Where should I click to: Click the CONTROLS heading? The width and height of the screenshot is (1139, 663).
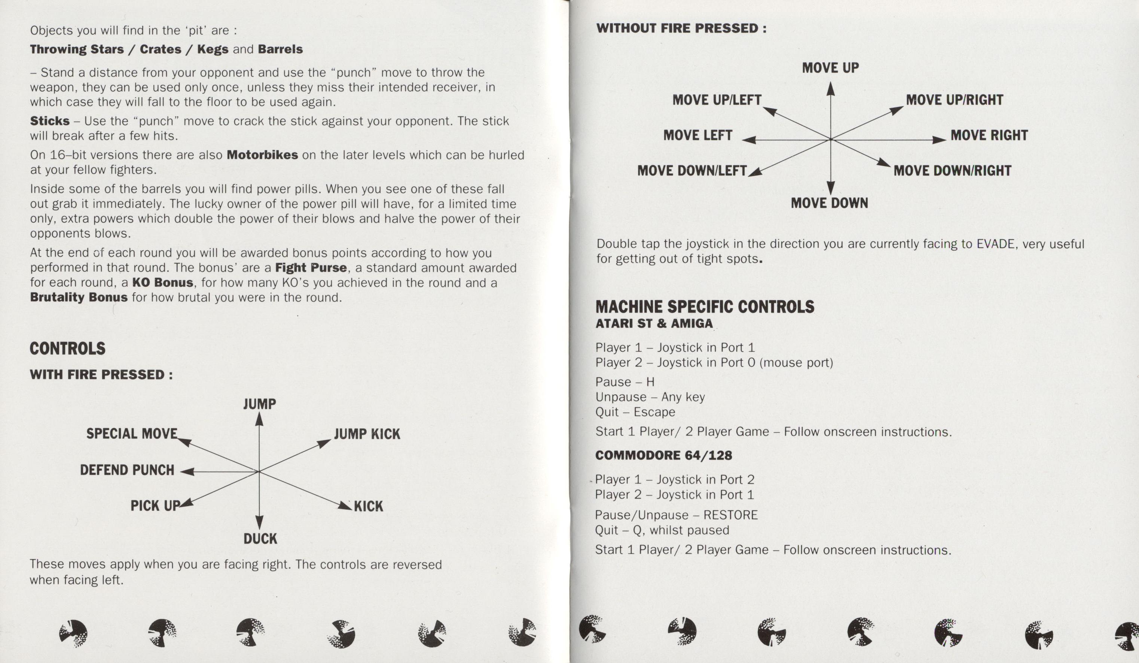coord(67,348)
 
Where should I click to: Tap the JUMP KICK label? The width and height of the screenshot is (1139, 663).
coord(367,434)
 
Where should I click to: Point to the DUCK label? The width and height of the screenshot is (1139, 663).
coord(260,539)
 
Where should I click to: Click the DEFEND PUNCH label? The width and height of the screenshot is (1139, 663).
coord(127,470)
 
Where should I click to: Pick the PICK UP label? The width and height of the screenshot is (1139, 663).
coord(155,506)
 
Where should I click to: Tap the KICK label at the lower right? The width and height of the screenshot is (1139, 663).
coord(368,506)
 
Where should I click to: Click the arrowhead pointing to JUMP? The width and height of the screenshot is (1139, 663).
coord(259,420)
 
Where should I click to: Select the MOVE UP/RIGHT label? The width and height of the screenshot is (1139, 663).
coord(954,100)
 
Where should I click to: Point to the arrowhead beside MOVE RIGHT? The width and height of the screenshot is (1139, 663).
coord(939,140)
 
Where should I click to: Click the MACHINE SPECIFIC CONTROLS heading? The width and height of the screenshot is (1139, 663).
coord(704,307)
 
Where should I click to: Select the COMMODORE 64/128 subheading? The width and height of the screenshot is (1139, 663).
coord(663,456)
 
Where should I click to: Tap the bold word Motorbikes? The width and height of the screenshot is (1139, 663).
coord(262,155)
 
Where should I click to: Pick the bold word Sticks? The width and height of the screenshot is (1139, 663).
coord(50,121)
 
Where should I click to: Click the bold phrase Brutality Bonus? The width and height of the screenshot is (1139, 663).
coord(79,298)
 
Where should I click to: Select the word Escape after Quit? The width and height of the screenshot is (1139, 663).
coord(654,412)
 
